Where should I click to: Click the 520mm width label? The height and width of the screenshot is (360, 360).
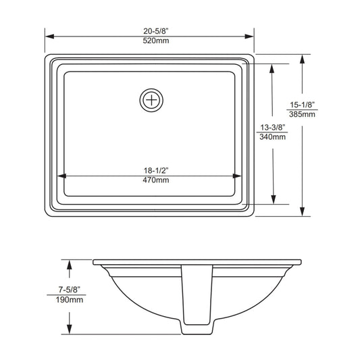coord(156,41)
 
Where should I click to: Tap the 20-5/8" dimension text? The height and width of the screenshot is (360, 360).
coord(156,31)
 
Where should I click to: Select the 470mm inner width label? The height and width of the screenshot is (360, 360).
coord(156,180)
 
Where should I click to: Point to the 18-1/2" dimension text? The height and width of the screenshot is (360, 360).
coord(156,171)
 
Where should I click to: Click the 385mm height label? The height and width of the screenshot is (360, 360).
coord(302,114)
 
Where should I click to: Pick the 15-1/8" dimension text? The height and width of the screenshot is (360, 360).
coord(302,105)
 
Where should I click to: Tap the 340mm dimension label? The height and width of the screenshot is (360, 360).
coord(272,137)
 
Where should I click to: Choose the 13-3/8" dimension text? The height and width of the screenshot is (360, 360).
coord(272,127)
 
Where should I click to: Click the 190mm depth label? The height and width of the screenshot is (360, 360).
coord(70,300)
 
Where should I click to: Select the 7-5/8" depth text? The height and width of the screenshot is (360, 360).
coord(70,290)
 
